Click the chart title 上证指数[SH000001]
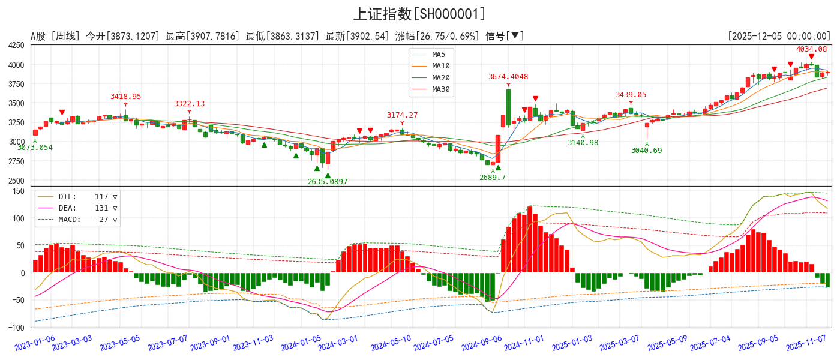(x=419, y=14)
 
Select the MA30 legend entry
(x=440, y=90)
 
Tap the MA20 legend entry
(x=440, y=78)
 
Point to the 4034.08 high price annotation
(x=811, y=49)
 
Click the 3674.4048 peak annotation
(x=508, y=77)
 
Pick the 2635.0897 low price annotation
(x=327, y=182)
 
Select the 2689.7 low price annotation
(x=492, y=178)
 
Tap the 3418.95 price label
(x=125, y=97)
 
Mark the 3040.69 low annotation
(x=646, y=151)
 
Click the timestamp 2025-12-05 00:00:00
(x=779, y=37)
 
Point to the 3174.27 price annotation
(x=402, y=115)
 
